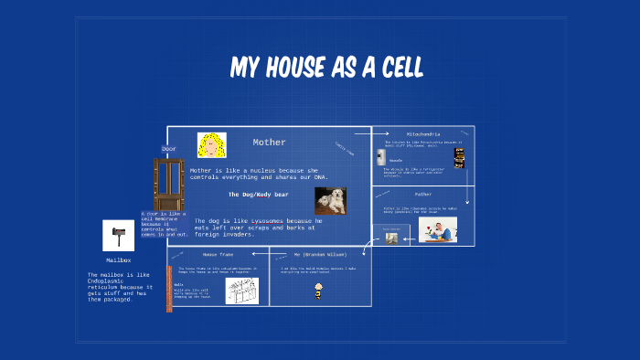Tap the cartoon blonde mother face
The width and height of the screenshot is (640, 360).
click(212, 145)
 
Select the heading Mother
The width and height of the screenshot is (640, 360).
click(269, 143)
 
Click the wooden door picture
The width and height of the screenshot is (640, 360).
click(168, 184)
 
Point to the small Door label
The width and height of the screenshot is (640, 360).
click(169, 148)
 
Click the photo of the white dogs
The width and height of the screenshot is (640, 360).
click(330, 200)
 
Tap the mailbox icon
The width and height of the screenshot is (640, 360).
click(118, 237)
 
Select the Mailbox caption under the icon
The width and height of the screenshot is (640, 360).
click(118, 260)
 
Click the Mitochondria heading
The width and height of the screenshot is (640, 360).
click(422, 133)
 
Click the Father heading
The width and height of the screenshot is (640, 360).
click(423, 194)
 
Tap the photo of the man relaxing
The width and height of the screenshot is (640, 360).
click(437, 229)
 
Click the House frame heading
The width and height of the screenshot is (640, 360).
click(219, 253)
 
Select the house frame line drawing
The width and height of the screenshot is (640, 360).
click(242, 290)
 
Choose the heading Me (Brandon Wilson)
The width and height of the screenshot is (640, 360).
click(320, 253)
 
